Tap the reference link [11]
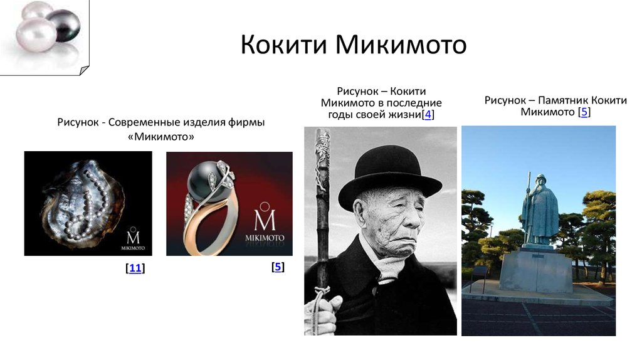135,268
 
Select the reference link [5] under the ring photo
278,267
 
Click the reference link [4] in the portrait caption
428,114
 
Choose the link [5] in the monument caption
584,112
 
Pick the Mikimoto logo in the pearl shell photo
133,239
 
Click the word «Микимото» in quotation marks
162,136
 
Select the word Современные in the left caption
144,122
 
